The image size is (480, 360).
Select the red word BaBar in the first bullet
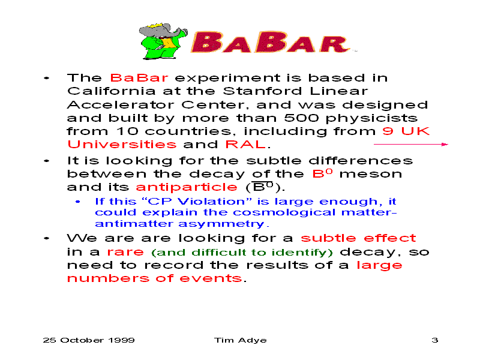[139, 78]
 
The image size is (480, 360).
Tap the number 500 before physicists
[302, 118]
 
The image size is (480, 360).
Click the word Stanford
[263, 91]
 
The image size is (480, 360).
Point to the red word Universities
[122, 144]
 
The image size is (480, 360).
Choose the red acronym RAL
[245, 144]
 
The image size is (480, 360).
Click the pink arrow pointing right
[411, 144]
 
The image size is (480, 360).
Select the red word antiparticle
[187, 187]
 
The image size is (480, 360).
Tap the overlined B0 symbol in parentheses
[262, 187]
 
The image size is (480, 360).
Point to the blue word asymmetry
[221, 224]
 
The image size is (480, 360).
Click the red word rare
[125, 252]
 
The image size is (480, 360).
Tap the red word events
[211, 278]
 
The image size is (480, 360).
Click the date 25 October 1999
[89, 340]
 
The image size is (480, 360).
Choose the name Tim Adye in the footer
[241, 340]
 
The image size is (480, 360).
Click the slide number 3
[434, 340]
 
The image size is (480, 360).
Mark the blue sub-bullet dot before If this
[78, 202]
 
